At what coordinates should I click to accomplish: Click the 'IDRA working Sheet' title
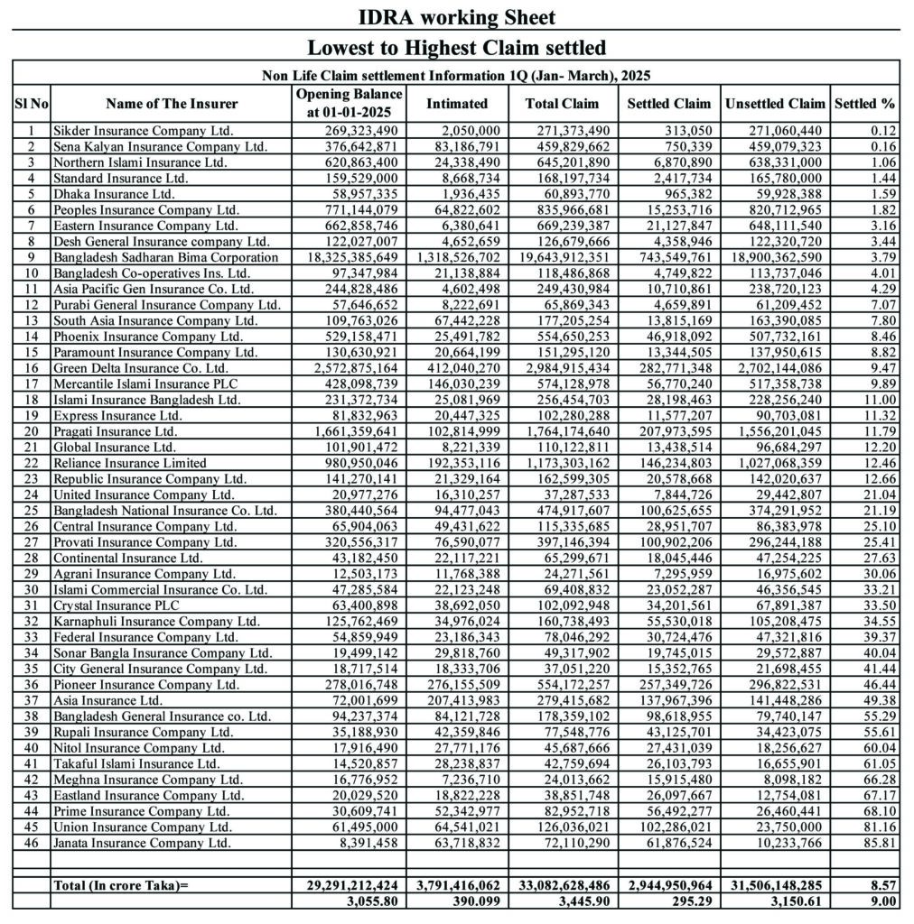(456, 16)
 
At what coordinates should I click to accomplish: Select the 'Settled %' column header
(865, 104)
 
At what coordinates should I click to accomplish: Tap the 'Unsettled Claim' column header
(775, 104)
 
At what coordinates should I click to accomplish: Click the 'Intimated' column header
(457, 104)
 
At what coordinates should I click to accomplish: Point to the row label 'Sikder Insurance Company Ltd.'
(143, 131)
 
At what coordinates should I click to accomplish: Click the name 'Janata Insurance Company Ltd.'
(143, 843)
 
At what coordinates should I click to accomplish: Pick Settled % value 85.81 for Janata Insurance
(881, 843)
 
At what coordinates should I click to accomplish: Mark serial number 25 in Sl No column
(31, 510)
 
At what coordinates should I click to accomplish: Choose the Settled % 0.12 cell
(882, 131)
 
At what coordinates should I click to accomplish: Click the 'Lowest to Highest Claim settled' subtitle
(456, 47)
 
